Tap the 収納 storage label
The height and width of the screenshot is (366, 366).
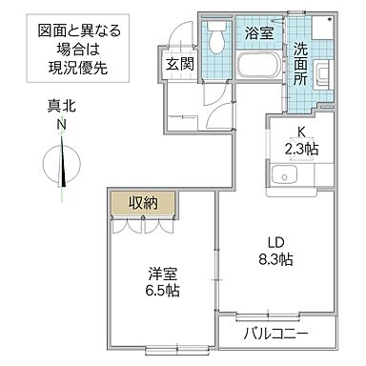[x=141, y=201]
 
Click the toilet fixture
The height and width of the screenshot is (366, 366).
[x=217, y=38]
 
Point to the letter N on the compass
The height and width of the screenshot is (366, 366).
[x=61, y=125]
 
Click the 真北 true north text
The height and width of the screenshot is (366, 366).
[x=61, y=109]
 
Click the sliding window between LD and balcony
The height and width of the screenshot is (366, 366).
[x=268, y=314]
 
